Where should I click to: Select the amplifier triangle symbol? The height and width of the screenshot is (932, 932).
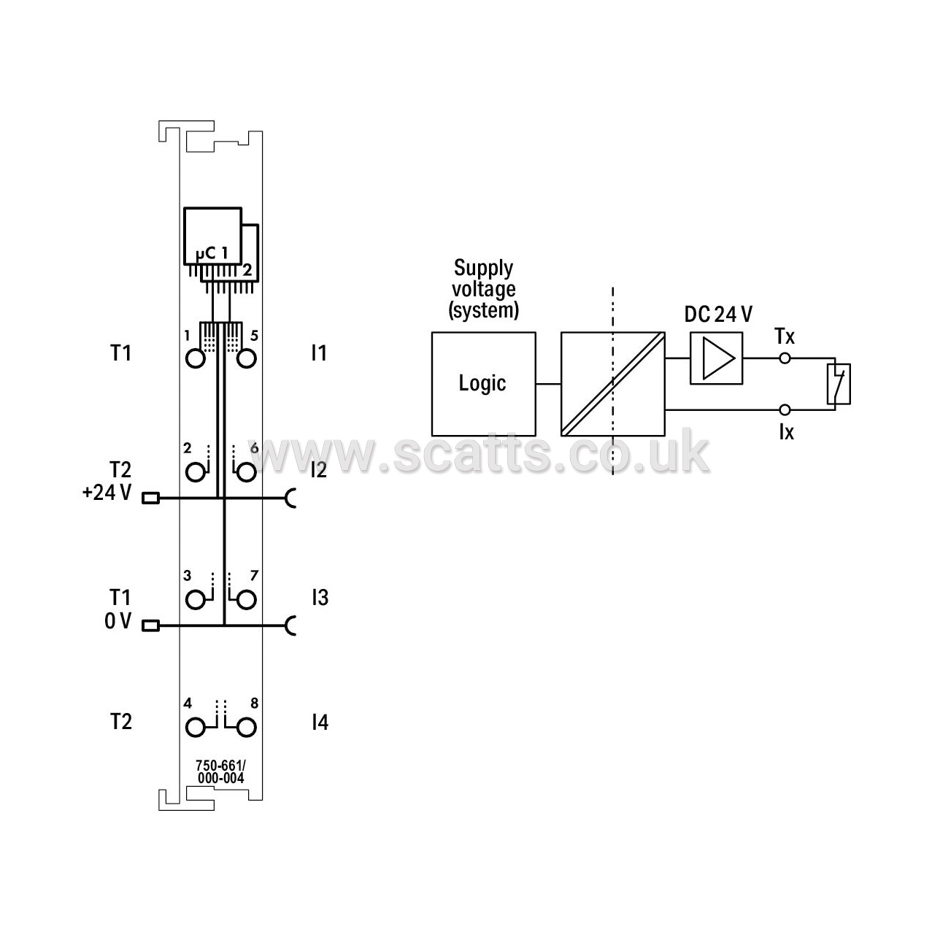[718, 358]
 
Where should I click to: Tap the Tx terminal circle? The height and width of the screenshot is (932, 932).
[785, 358]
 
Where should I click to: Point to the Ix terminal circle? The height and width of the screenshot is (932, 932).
[785, 410]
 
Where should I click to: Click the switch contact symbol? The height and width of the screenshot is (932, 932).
[838, 384]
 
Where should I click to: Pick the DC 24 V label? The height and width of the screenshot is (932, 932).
[718, 315]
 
